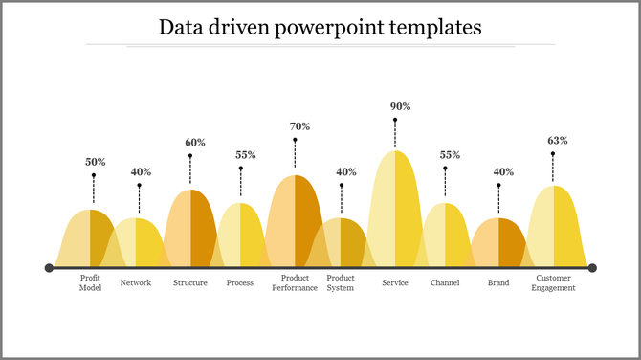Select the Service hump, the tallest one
click(x=395, y=211)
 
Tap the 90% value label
click(x=395, y=106)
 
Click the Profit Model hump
click(x=90, y=239)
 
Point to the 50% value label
click(x=95, y=162)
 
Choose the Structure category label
click(x=190, y=282)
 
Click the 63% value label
click(x=558, y=140)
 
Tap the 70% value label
click(x=299, y=126)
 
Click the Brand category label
click(x=498, y=282)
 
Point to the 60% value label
click(x=195, y=143)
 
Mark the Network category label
click(x=136, y=282)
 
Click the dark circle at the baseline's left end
click(x=49, y=268)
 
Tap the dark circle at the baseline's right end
click(x=592, y=268)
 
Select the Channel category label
click(x=445, y=282)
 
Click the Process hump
click(x=241, y=236)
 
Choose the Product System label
click(x=341, y=282)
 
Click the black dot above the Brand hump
click(x=498, y=185)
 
